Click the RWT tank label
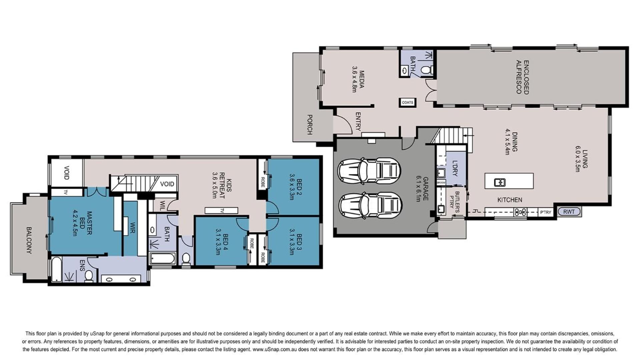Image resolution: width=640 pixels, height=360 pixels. [569, 211]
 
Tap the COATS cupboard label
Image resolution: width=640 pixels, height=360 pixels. [408, 102]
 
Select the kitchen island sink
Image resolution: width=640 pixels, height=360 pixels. [500, 182]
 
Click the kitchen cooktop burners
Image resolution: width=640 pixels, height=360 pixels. [520, 212]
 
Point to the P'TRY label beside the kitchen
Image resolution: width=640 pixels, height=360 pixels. [546, 212]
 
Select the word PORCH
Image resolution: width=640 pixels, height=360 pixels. [309, 125]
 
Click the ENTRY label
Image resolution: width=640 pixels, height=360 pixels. [358, 121]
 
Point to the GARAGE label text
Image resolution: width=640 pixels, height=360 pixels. [426, 189]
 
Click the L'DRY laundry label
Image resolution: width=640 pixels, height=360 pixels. [455, 168]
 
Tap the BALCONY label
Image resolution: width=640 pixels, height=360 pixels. [29, 240]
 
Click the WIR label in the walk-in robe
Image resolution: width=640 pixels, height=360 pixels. [132, 228]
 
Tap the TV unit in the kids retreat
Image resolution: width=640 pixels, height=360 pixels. [221, 210]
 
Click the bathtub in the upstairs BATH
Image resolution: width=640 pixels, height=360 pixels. [162, 259]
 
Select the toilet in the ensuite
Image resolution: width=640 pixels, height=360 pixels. [89, 276]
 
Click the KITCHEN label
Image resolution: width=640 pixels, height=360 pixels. [510, 200]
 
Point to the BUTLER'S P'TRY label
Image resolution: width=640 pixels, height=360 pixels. [454, 200]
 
